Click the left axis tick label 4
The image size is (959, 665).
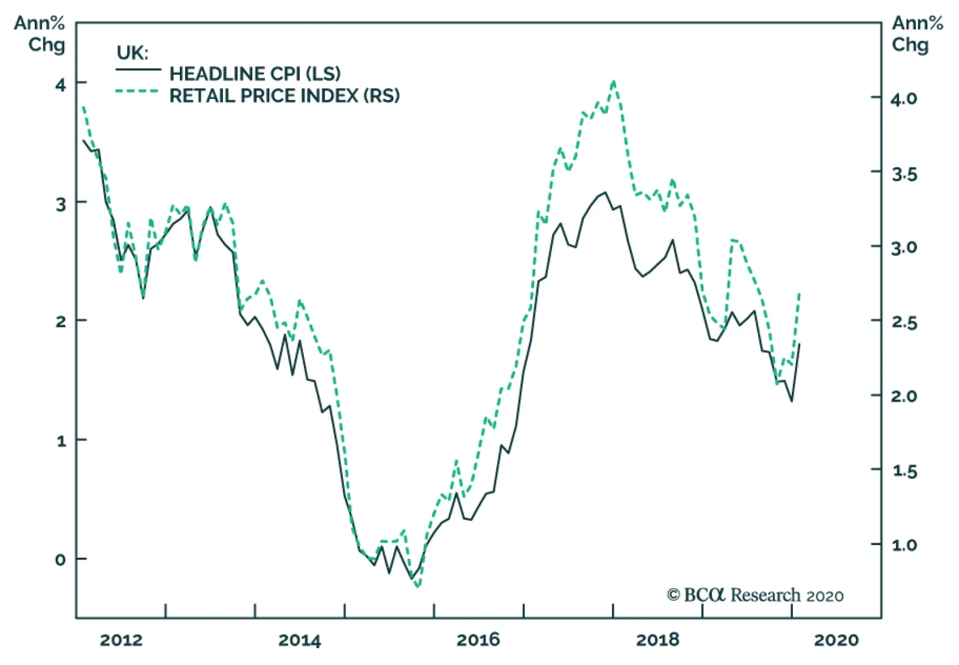tap(60, 85)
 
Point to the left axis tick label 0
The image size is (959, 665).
tap(60, 560)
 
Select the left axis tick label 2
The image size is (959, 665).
tap(60, 321)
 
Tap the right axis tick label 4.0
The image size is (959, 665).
tap(903, 98)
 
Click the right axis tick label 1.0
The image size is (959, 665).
tap(903, 545)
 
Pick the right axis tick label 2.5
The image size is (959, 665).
tap(903, 322)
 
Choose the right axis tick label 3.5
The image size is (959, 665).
tap(903, 174)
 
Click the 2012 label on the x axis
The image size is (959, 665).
tap(121, 640)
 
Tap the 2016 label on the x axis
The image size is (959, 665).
tap(478, 640)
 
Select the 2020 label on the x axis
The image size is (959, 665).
tap(836, 640)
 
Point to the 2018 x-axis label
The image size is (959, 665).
tap(657, 640)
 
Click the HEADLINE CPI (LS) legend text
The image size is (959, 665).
tap(255, 74)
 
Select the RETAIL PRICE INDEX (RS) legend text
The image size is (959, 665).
tap(284, 95)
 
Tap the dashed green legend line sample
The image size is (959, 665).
tap(137, 92)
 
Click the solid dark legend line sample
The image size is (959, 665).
tap(138, 70)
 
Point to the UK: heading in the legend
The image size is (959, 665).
tap(132, 53)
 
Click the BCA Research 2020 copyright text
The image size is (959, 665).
tap(755, 595)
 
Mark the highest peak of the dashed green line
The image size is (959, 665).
tap(613, 82)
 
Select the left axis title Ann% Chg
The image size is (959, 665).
tap(40, 34)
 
